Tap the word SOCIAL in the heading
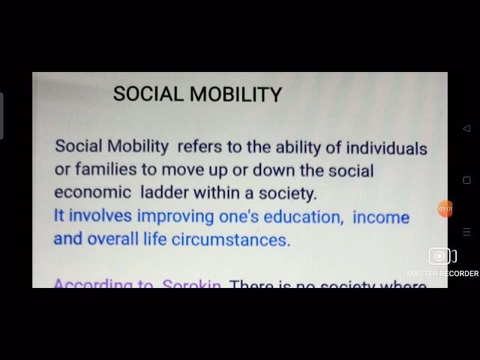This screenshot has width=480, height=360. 148,94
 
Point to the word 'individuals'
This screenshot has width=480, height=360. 383,148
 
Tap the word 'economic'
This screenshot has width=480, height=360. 91,193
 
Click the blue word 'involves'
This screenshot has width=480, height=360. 100,216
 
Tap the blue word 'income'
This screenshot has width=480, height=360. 381,217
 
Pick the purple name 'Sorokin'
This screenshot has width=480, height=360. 191,283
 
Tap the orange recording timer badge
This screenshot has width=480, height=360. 445,208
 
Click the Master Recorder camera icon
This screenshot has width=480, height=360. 442,256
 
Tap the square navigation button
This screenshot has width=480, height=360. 466,180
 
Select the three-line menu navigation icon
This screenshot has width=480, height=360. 466,232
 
